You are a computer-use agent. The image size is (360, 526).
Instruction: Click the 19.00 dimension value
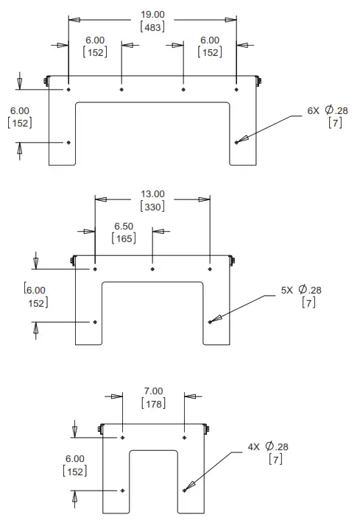[x=152, y=13]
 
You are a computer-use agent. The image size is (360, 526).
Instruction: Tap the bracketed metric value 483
[x=152, y=26]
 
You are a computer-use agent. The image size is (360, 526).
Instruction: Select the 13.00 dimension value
[x=153, y=194]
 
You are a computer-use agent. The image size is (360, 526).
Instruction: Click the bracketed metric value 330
[x=153, y=207]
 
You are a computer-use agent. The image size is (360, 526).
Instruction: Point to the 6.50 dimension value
[x=124, y=226]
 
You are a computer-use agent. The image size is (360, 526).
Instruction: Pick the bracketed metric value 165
[x=124, y=238]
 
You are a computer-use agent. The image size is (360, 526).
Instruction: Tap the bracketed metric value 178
[x=152, y=403]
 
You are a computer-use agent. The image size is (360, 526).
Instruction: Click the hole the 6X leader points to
[x=236, y=142]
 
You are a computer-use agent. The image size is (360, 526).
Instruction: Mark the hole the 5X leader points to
[x=210, y=321]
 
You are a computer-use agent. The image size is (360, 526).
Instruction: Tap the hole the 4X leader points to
[x=183, y=490]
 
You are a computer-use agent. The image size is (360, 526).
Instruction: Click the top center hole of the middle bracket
[x=152, y=269]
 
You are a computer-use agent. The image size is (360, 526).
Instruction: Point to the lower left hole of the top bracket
[x=68, y=142]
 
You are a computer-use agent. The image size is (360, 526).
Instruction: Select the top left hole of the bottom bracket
[x=122, y=437]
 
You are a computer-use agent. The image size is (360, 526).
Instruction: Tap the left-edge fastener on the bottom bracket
[x=98, y=428]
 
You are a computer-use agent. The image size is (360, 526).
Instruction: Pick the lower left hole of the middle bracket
[x=96, y=321]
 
